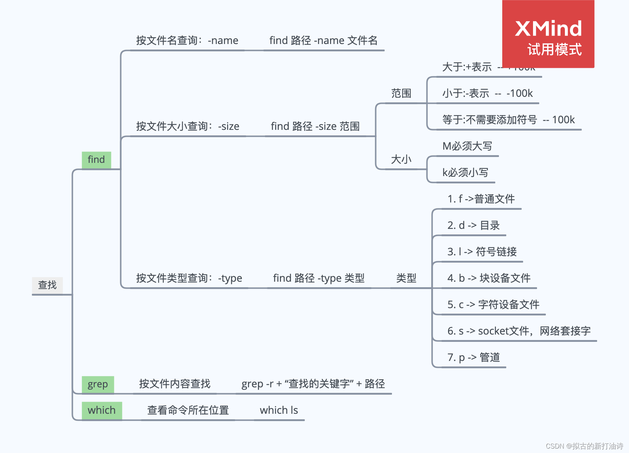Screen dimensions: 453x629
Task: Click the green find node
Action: click(96, 160)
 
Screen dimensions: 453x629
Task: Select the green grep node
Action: click(98, 384)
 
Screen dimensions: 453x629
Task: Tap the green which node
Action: click(101, 410)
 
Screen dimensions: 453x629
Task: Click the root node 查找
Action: click(47, 285)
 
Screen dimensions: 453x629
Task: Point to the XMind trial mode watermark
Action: click(548, 34)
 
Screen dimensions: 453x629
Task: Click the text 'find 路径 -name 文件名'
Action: click(323, 40)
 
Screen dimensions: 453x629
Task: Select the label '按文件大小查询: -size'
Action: click(188, 127)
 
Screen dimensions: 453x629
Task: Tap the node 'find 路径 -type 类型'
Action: click(319, 278)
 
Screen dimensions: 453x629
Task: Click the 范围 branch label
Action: click(401, 94)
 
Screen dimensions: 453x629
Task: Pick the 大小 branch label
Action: click(401, 160)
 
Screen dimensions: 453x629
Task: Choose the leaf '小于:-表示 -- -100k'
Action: click(487, 94)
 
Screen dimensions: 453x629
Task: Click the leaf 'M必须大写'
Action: click(467, 146)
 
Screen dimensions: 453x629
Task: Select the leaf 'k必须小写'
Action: click(465, 173)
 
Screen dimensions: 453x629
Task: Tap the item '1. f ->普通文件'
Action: click(481, 199)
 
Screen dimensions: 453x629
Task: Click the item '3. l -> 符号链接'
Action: click(482, 252)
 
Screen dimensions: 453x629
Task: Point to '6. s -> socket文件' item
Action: click(519, 331)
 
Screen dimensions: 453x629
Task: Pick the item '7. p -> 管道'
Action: click(473, 358)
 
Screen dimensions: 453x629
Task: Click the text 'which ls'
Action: click(279, 410)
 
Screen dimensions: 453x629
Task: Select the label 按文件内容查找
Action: click(175, 384)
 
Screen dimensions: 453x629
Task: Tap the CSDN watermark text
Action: click(584, 446)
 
